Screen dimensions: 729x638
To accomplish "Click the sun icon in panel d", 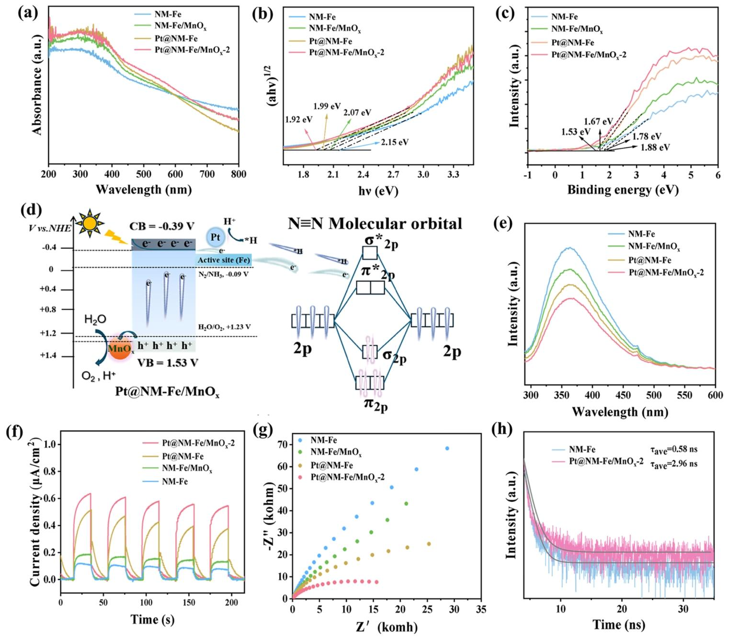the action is click(x=90, y=223).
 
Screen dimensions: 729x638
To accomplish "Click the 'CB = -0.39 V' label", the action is click(x=162, y=226).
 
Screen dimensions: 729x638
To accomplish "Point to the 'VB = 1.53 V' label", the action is click(x=168, y=363).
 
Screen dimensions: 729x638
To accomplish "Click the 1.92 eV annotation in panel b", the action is click(x=298, y=119).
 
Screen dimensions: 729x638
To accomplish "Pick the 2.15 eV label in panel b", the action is click(x=395, y=142).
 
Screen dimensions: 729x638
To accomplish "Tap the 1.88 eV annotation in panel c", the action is click(x=655, y=147).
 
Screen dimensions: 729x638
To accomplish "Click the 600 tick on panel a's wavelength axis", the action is click(x=175, y=174).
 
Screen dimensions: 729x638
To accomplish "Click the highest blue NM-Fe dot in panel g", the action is click(x=447, y=448).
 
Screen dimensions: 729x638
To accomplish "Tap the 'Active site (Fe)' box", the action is click(x=223, y=260).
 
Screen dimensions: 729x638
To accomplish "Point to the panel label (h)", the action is click(x=502, y=430).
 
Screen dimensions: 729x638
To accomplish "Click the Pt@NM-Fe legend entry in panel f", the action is click(x=183, y=456).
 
